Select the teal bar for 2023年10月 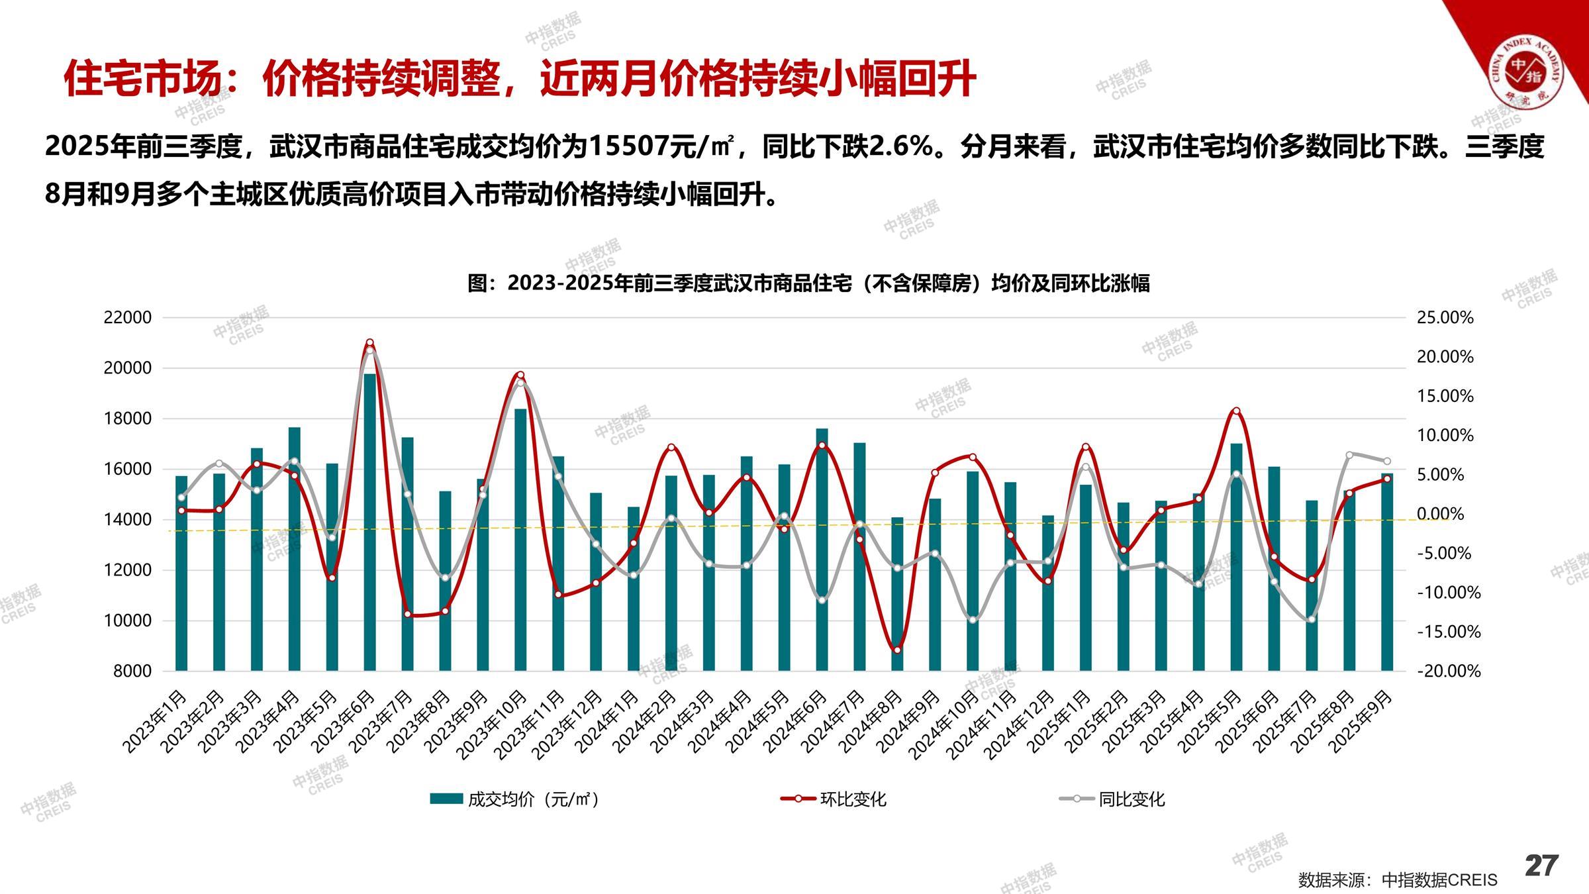pos(520,540)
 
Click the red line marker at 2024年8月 pos(897,650)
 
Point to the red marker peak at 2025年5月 pos(1236,411)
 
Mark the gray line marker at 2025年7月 pos(1311,619)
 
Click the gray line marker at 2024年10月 pos(972,620)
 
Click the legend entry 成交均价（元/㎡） pos(515,799)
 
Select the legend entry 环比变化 pos(834,799)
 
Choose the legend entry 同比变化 pos(1112,799)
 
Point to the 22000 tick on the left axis pos(128,318)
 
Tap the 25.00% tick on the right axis pos(1445,318)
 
